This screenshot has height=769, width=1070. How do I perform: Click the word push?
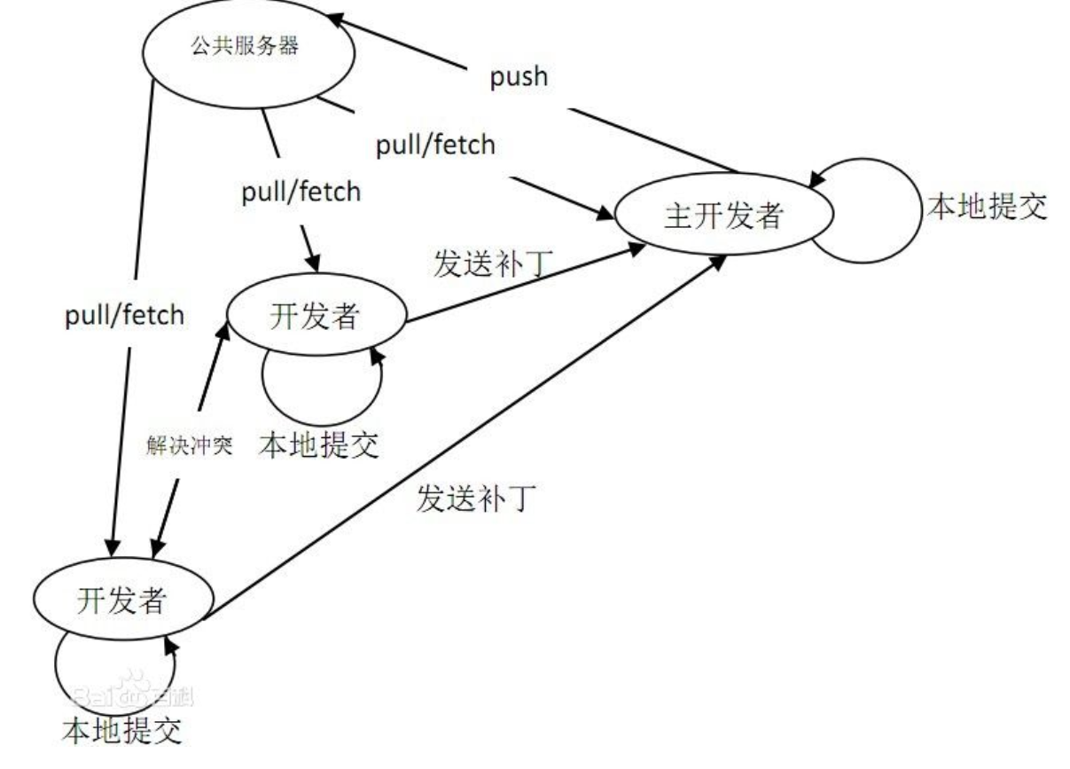click(x=519, y=77)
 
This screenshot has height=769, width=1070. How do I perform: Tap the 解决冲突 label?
click(x=189, y=445)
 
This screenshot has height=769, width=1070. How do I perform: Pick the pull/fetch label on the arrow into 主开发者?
click(x=435, y=145)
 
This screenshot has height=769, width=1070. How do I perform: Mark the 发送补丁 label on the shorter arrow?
click(x=493, y=264)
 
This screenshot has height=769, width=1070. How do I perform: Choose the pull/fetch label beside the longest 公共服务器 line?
click(x=125, y=315)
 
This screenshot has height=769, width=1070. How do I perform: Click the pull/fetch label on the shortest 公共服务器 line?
click(x=302, y=192)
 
